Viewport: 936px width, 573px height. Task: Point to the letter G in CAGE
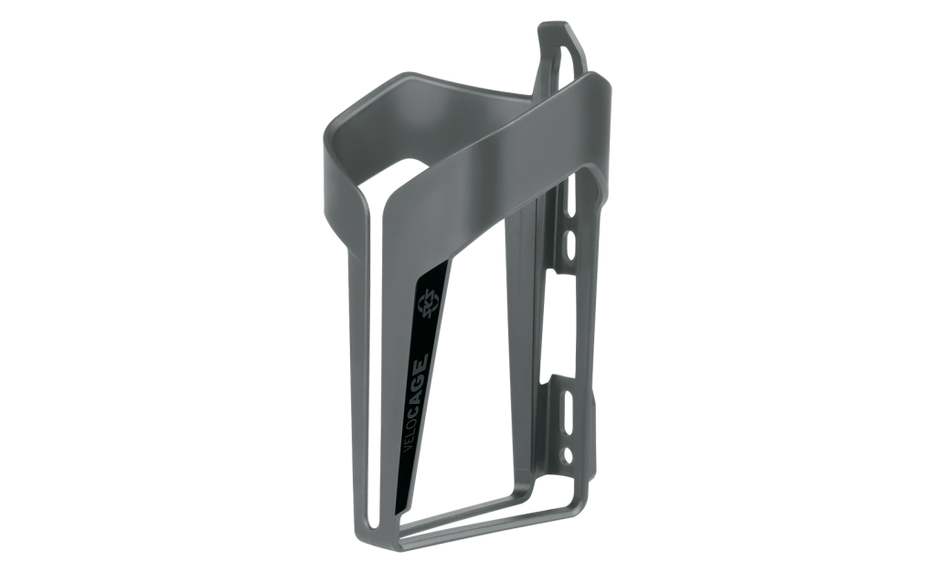420,375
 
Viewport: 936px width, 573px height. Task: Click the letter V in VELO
409,450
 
